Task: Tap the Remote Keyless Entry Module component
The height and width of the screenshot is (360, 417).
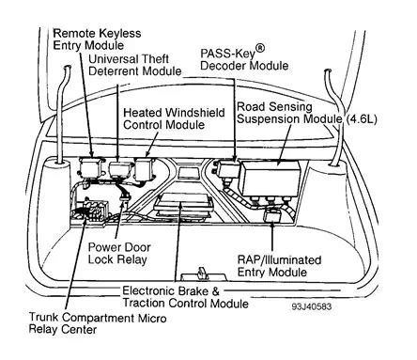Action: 93,169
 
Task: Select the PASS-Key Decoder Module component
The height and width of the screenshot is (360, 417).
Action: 228,169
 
